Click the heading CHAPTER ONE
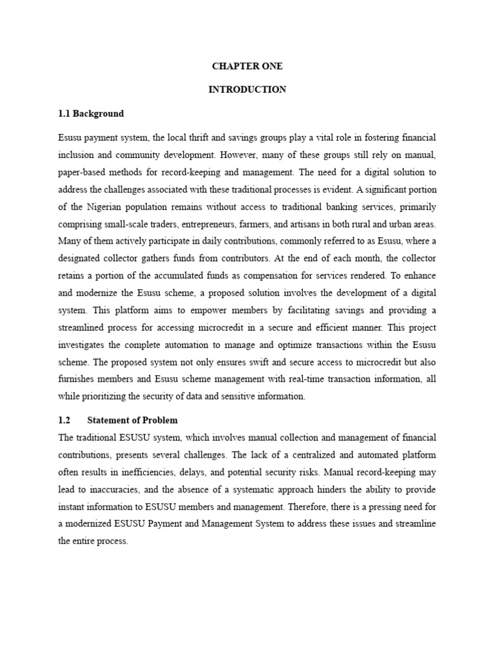click(x=247, y=66)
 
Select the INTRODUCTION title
click(x=247, y=90)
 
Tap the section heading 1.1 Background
click(x=90, y=113)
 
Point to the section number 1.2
click(x=63, y=420)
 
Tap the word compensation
click(x=276, y=275)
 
